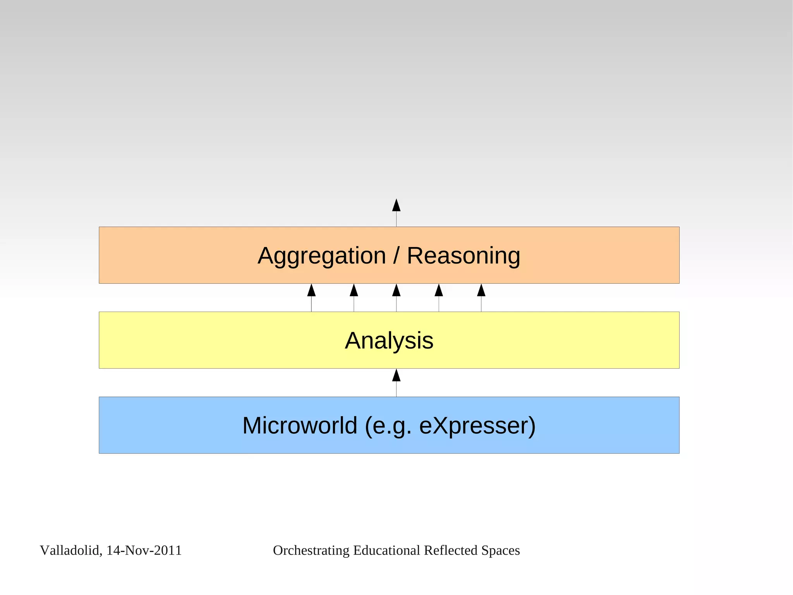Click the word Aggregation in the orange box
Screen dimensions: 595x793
click(x=322, y=256)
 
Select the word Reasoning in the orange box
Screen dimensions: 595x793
click(x=463, y=256)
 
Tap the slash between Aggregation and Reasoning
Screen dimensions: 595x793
click(x=396, y=256)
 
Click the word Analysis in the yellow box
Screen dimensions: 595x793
click(x=389, y=341)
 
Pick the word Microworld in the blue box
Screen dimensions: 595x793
click(x=299, y=426)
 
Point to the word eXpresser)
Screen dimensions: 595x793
click(x=477, y=426)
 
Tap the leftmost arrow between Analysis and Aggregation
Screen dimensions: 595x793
click(x=311, y=297)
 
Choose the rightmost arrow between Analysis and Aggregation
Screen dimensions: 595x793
click(x=481, y=297)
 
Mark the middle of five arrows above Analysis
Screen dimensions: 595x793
click(x=396, y=297)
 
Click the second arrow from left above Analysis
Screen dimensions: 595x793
click(x=354, y=297)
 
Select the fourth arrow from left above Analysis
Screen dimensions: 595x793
click(x=439, y=297)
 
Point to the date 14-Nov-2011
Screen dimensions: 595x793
click(x=144, y=550)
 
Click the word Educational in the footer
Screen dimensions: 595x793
click(x=386, y=550)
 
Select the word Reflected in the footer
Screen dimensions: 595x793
click(x=450, y=550)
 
